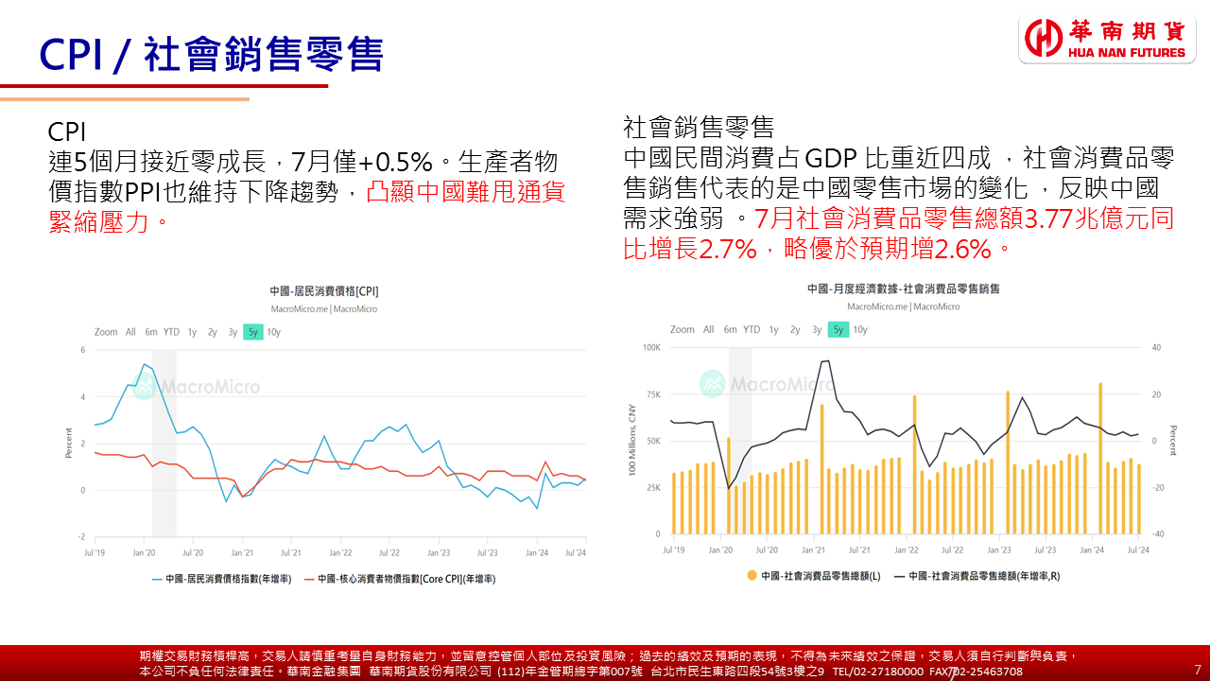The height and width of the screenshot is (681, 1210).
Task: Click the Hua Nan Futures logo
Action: [1107, 39]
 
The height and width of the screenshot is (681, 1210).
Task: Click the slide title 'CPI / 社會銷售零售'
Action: [212, 54]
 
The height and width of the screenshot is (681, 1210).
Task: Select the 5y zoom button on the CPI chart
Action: [252, 332]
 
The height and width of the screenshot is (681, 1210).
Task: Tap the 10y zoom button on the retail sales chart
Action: [860, 330]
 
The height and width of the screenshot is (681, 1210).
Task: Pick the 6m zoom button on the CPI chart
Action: [151, 332]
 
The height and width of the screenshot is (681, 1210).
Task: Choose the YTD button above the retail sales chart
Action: [752, 330]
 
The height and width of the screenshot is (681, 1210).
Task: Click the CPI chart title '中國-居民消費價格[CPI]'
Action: [323, 291]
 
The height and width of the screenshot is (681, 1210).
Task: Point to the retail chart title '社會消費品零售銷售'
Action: [903, 288]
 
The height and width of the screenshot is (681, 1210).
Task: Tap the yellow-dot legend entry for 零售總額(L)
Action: [813, 575]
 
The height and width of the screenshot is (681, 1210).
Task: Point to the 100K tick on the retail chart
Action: [651, 348]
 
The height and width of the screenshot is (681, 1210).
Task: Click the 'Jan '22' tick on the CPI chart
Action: [339, 552]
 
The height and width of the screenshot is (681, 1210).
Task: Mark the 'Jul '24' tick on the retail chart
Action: [1137, 550]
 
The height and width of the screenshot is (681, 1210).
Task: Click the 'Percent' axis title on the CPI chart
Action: [69, 443]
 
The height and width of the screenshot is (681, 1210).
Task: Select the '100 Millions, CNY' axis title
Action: [631, 440]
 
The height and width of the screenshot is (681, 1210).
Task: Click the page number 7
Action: [1198, 670]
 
